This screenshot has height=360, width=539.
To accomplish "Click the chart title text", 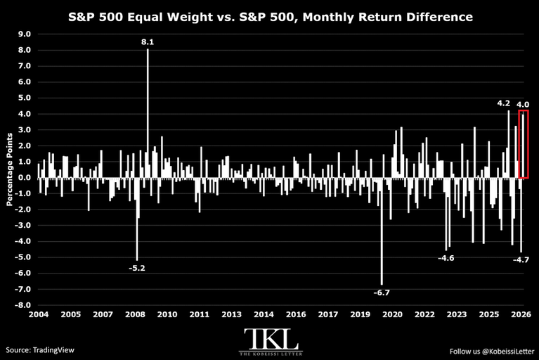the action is pos(270,17).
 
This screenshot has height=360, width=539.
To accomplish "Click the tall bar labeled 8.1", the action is pos(148,113).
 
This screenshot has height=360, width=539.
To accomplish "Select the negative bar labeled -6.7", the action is pos(382,231).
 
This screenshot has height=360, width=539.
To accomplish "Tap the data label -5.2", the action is pos(137,268).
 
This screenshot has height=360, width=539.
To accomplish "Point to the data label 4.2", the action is pos(504,103).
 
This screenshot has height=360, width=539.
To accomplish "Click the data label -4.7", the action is pos(521,260).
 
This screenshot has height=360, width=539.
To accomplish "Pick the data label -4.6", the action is pos(446,258).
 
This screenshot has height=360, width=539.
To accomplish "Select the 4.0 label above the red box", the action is pos(523,105).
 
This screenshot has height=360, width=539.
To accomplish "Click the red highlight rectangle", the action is pos(519,144).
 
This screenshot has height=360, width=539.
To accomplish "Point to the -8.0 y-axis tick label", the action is pos(22,305).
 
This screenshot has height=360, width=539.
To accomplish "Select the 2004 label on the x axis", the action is pos(39,314).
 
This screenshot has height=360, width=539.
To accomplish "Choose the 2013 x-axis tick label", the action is pos(232,314).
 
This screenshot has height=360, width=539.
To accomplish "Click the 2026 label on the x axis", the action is pos(521,314).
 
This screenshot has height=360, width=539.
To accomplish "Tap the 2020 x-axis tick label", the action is pos(393,314).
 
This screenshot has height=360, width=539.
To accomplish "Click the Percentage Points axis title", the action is pos(9,169).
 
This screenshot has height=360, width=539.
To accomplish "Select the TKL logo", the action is pos(271,342).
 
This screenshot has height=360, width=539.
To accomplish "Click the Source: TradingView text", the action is pos(40,350).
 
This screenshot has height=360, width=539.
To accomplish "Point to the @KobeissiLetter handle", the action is pos(508,352).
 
